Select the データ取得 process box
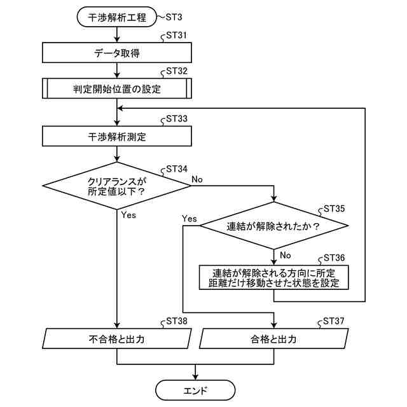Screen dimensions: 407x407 pyautogui.click(x=117, y=53)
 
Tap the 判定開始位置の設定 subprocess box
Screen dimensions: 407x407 pyautogui.click(x=117, y=88)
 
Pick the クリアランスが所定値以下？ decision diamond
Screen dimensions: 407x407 pyautogui.click(x=117, y=186)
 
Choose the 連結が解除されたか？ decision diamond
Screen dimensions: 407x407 pyautogui.click(x=273, y=226)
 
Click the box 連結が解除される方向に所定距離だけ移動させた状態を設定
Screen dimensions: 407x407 pyautogui.click(x=274, y=277)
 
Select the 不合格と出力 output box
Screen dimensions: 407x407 pyautogui.click(x=117, y=339)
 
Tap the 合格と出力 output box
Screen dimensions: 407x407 pyautogui.click(x=274, y=339)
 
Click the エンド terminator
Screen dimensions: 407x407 pyautogui.click(x=195, y=389)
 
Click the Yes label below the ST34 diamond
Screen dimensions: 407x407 pyautogui.click(x=128, y=215)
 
